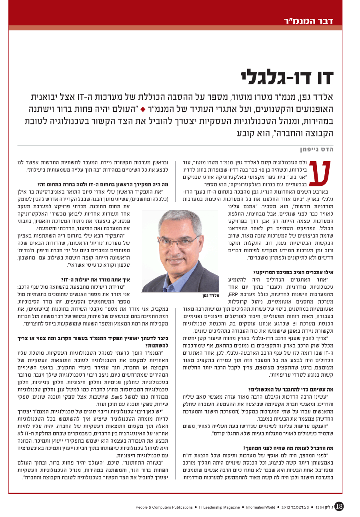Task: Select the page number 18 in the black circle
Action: pyautogui.click(x=339, y=506)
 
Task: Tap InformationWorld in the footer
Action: pyautogui.click(x=260, y=507)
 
